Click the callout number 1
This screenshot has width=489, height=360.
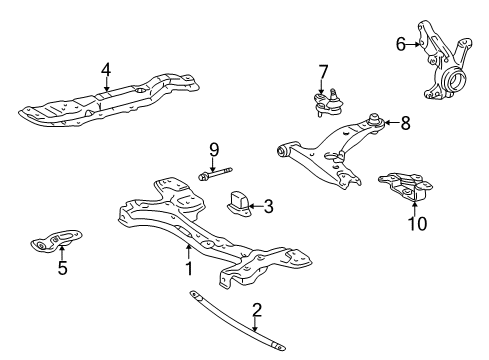tap(189, 269)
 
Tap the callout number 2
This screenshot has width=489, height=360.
tap(257, 310)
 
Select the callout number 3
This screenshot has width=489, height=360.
tap(268, 206)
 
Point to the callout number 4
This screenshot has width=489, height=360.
tap(106, 70)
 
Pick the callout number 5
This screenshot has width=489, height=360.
tap(62, 268)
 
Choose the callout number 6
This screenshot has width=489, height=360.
tap(401, 44)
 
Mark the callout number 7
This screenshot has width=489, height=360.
tap(323, 72)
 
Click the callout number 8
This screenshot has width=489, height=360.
tap(405, 123)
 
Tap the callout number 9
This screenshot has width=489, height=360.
tap(214, 150)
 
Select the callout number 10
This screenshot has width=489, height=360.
tap(417, 224)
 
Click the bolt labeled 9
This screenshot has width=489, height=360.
tap(215, 174)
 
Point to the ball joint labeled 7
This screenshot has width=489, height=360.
tap(328, 102)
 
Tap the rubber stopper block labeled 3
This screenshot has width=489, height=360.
tap(240, 204)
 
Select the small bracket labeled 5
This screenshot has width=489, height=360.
tap(56, 241)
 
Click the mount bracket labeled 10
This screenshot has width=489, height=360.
tap(406, 187)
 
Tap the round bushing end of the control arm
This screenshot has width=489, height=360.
tap(283, 151)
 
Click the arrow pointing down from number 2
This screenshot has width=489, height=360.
tap(255, 324)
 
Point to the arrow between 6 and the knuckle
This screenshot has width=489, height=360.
tap(413, 44)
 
